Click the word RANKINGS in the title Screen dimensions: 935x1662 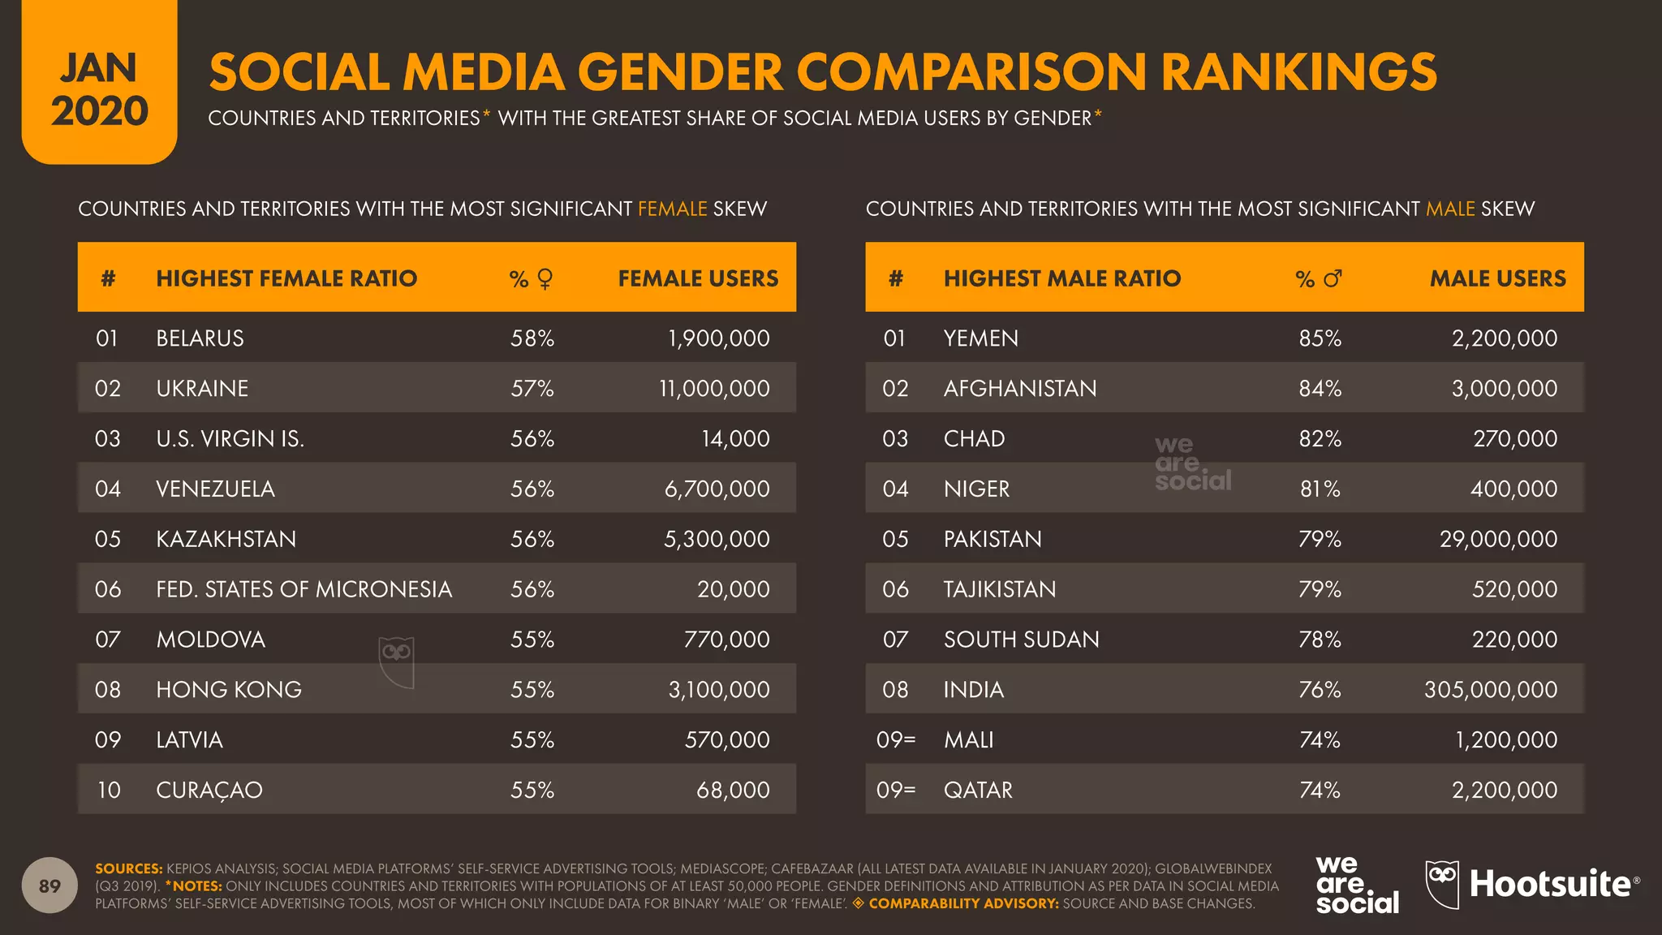pyautogui.click(x=1298, y=72)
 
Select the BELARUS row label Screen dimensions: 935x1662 pyautogui.click(x=200, y=338)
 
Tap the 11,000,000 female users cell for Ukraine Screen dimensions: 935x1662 pyautogui.click(x=714, y=389)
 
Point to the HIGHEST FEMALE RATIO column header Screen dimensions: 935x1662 pyautogui.click(x=286, y=278)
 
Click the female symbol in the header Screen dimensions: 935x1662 pyautogui.click(x=545, y=279)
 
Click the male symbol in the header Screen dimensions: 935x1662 pyautogui.click(x=1333, y=278)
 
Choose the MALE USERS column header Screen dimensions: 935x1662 pyautogui.click(x=1497, y=278)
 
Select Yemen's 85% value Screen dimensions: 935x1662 pyautogui.click(x=1320, y=338)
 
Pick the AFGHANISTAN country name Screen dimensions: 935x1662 pyautogui.click(x=1019, y=389)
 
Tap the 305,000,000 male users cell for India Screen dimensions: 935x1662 pyautogui.click(x=1490, y=690)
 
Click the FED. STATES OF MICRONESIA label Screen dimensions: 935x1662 pyautogui.click(x=304, y=589)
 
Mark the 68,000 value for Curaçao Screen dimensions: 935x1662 pyautogui.click(x=733, y=790)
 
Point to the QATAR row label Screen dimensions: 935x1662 pyautogui.click(x=978, y=790)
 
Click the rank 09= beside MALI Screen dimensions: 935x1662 pyautogui.click(x=895, y=740)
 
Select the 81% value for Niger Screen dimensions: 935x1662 pyautogui.click(x=1320, y=489)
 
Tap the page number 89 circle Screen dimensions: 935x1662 pyautogui.click(x=50, y=885)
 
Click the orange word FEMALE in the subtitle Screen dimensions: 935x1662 pyautogui.click(x=672, y=209)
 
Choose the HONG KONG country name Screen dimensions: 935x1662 pyautogui.click(x=229, y=690)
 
